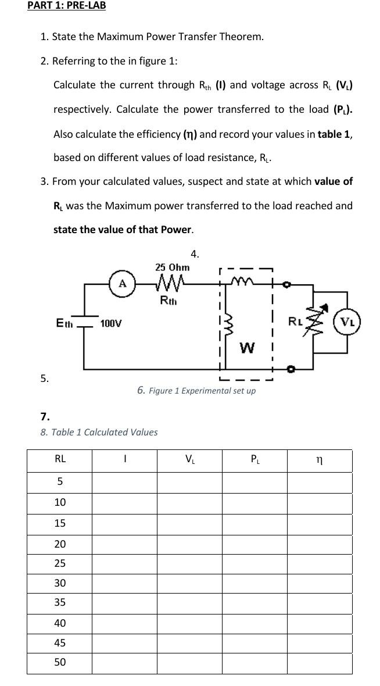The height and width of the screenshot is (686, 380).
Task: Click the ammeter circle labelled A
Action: (x=122, y=284)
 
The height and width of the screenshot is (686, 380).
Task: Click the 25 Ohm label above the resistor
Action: (x=172, y=267)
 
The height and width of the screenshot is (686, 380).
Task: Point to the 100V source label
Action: (x=111, y=323)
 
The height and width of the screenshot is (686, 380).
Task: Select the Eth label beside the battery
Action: (x=64, y=322)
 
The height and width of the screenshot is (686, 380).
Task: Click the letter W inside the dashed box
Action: (x=247, y=348)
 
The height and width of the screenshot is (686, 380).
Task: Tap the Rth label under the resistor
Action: (x=168, y=301)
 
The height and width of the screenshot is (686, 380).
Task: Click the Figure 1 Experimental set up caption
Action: (x=196, y=390)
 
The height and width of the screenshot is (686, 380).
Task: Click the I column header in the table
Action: (x=124, y=459)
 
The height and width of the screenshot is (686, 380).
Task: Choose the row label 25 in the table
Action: (x=60, y=563)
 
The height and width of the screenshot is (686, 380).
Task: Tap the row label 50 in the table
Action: (x=60, y=662)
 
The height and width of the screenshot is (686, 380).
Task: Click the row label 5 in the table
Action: (x=60, y=482)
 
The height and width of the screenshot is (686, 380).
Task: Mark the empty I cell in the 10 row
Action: (x=124, y=502)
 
